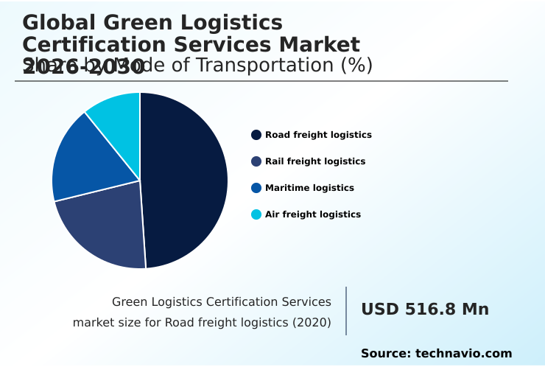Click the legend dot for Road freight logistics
[x=256, y=135]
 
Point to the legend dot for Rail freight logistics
[x=256, y=161]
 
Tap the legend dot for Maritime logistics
[x=256, y=188]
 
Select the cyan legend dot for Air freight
[x=256, y=214]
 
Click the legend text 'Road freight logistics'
[x=318, y=135]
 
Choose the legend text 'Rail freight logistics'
[x=315, y=161]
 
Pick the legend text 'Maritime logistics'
[x=309, y=188]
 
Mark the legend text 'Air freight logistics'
[x=313, y=214]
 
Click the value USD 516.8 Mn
[x=425, y=310]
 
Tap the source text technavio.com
[x=463, y=354]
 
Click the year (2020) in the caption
[x=313, y=323]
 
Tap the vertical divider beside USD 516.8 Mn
[x=346, y=311]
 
